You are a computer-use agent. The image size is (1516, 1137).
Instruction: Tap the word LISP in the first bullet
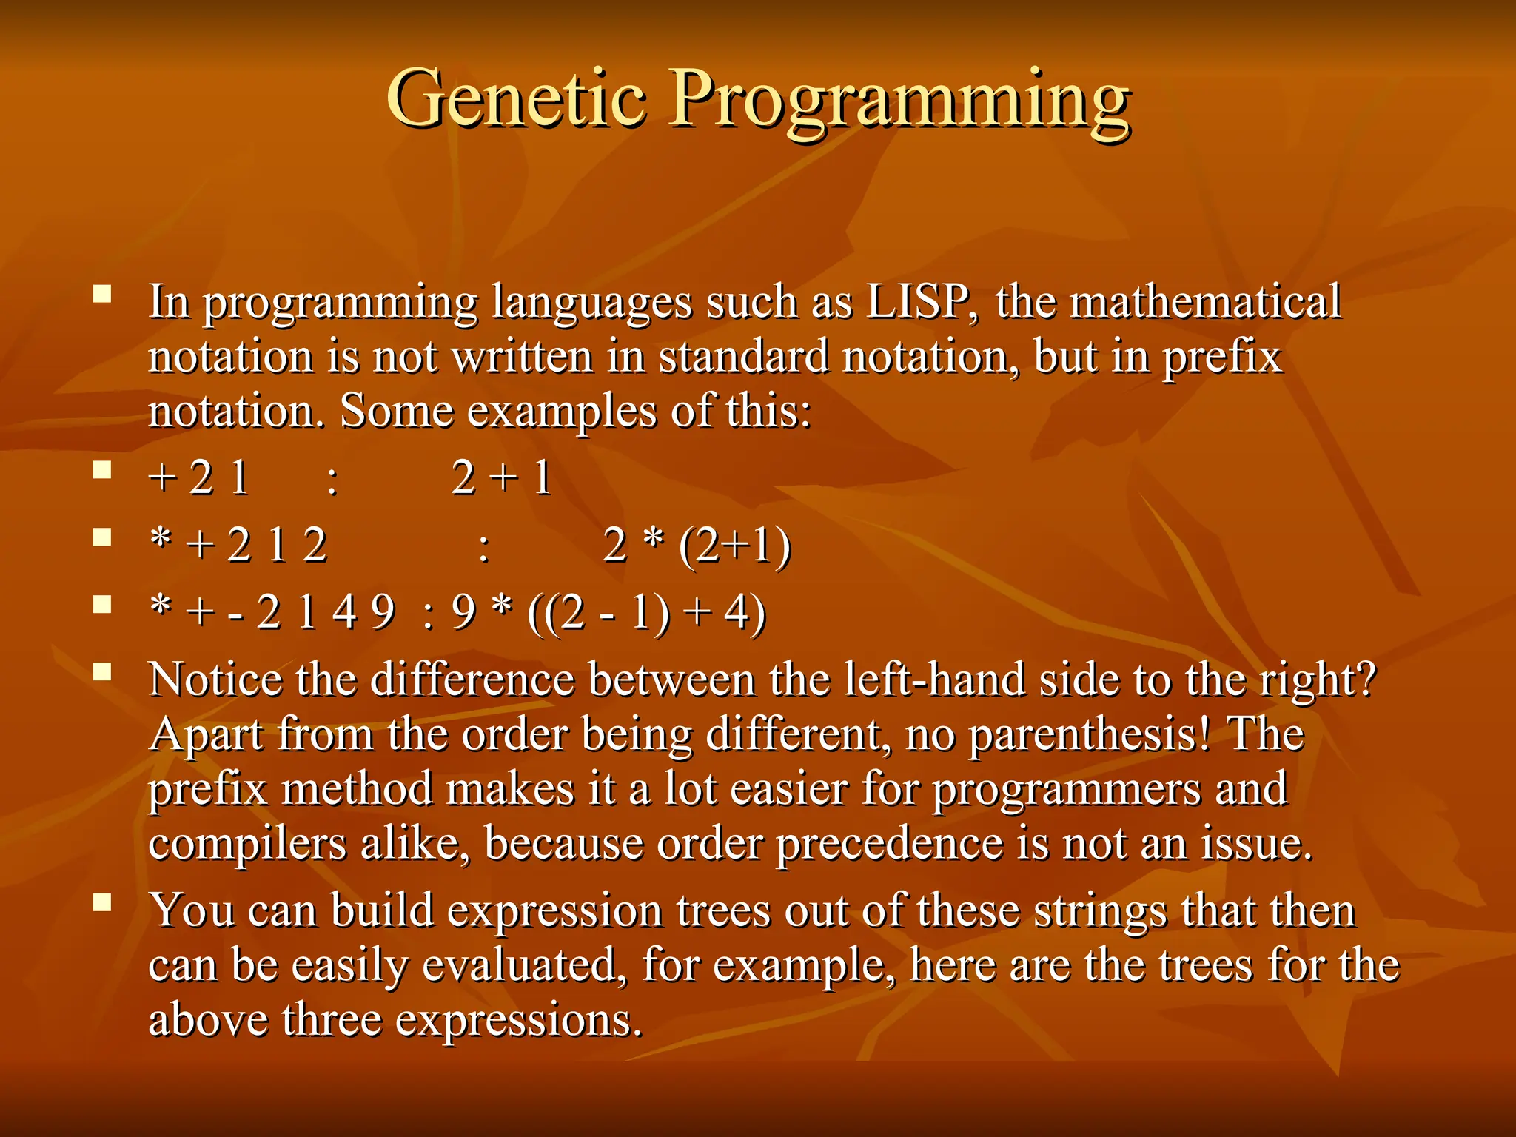(920, 303)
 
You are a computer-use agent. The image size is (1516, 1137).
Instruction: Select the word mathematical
(1205, 301)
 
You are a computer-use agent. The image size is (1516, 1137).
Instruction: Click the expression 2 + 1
(501, 477)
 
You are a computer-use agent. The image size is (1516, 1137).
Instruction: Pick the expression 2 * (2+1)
(697, 546)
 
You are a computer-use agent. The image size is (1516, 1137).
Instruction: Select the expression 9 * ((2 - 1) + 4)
(608, 613)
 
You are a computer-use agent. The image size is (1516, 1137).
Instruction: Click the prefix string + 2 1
(198, 477)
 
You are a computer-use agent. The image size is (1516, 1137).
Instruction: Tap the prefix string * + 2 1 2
(238, 546)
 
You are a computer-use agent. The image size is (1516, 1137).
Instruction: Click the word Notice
(215, 680)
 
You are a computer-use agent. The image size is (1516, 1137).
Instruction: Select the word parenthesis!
(1089, 735)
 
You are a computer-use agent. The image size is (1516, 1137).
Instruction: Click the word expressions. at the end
(518, 1021)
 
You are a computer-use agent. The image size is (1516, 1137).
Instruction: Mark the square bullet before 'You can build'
(102, 902)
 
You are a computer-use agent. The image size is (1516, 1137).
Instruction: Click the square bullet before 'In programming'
(102, 295)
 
